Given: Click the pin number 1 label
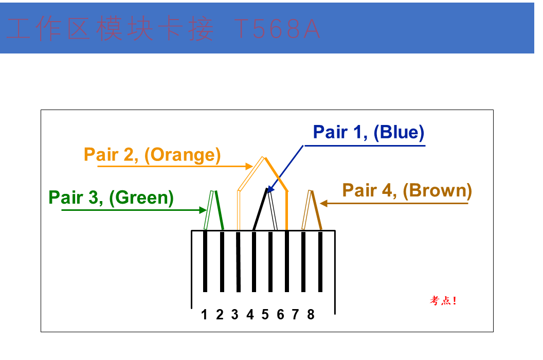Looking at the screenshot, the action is (x=204, y=315).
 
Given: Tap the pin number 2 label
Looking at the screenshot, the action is (x=220, y=315).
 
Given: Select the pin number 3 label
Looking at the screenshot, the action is (x=235, y=315).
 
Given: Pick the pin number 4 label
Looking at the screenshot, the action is (x=250, y=315).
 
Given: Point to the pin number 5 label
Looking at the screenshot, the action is (x=265, y=315).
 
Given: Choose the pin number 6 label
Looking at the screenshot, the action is (x=280, y=315).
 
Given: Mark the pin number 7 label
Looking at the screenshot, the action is (x=295, y=315).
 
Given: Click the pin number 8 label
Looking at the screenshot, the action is (x=311, y=315).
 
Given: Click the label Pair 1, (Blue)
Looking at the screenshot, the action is (x=369, y=132).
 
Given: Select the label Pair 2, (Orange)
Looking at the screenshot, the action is (x=152, y=155).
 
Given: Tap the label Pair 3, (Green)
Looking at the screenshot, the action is (x=111, y=198).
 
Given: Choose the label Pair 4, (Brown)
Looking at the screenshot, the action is (x=407, y=191).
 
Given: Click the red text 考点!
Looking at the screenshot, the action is (x=443, y=300).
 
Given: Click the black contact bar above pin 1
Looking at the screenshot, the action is (x=205, y=262).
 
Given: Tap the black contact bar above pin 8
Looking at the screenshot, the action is (x=320, y=262).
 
